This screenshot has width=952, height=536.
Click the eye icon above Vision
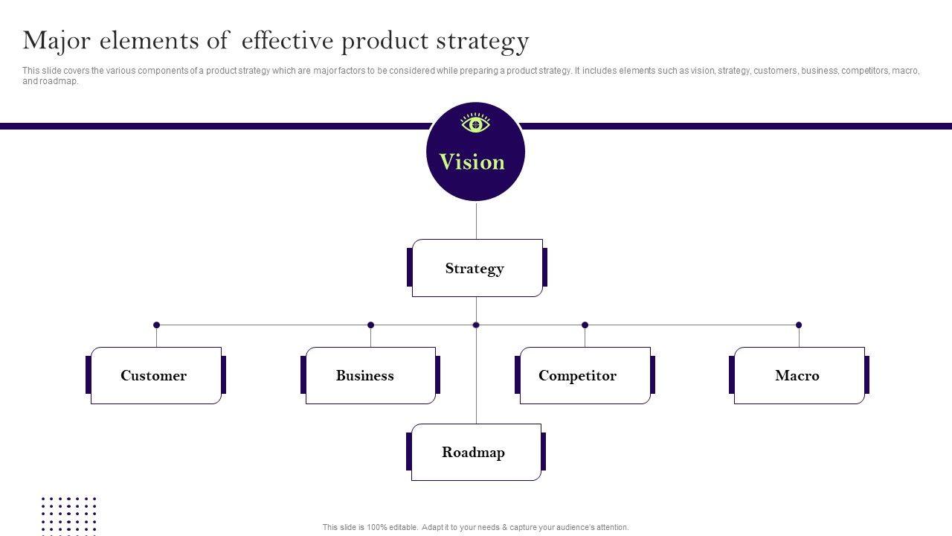(x=475, y=124)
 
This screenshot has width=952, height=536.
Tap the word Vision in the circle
(x=472, y=162)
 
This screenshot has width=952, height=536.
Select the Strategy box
(x=477, y=268)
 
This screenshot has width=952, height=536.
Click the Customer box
(x=155, y=375)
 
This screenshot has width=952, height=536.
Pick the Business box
(x=370, y=375)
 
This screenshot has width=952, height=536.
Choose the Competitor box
(x=585, y=375)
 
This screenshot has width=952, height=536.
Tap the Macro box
(x=799, y=375)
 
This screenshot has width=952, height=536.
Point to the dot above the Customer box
(x=156, y=325)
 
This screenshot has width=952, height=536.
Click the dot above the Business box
(x=370, y=325)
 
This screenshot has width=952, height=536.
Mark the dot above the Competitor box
(x=585, y=325)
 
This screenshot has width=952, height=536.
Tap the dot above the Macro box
(x=799, y=325)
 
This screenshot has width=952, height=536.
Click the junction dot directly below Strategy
(x=476, y=325)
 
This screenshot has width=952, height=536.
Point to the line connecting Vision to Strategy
(x=476, y=220)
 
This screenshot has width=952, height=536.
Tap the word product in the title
(x=386, y=41)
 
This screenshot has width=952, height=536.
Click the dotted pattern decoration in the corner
(x=68, y=514)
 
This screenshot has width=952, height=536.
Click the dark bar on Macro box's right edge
(x=866, y=375)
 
